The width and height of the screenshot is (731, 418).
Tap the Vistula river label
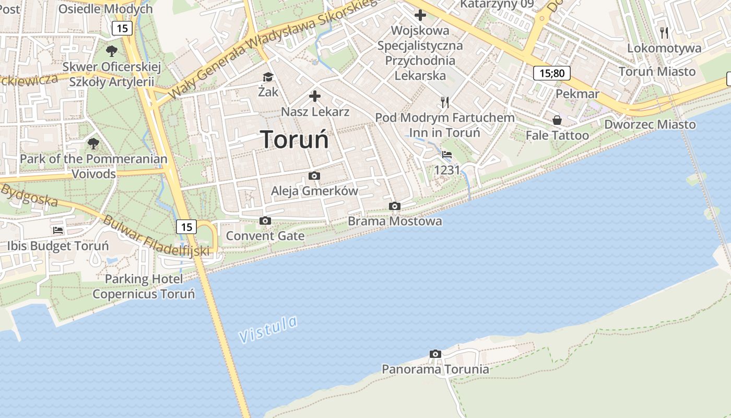tap(268, 329)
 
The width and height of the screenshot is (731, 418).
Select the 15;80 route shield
tap(551, 73)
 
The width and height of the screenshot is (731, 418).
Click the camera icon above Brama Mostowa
tap(395, 206)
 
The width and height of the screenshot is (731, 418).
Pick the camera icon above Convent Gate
tap(265, 220)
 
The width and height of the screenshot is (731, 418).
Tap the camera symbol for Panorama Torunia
tap(435, 354)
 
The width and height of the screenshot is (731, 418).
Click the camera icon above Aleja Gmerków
tap(314, 176)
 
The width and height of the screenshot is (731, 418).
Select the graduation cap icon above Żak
tap(268, 77)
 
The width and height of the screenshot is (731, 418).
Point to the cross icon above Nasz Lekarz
tap(315, 96)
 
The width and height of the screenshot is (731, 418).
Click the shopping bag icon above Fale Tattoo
tap(557, 120)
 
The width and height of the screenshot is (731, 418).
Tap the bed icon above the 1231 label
tap(447, 155)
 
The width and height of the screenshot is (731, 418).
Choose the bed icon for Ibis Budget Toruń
tap(58, 230)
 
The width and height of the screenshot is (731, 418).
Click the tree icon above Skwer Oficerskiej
tap(111, 51)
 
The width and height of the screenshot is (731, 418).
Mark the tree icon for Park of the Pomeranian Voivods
tap(93, 143)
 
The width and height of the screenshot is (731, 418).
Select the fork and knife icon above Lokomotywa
tap(664, 33)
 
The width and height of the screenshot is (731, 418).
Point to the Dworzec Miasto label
tap(650, 124)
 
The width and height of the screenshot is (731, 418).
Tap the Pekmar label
tap(577, 94)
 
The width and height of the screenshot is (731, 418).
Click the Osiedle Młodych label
tap(105, 9)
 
